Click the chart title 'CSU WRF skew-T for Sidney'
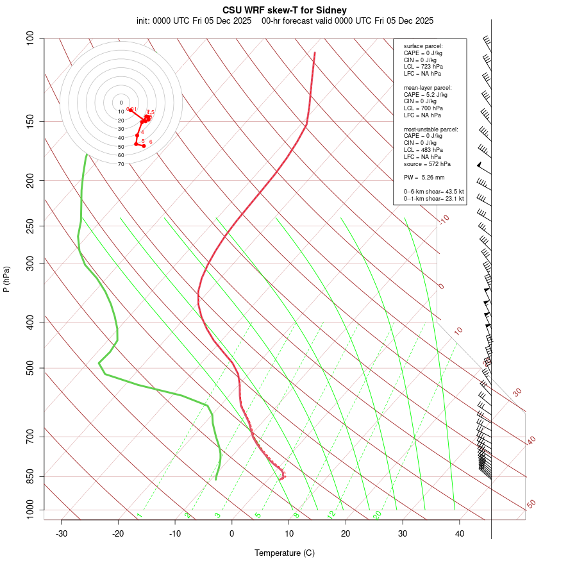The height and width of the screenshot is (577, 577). tap(285, 10)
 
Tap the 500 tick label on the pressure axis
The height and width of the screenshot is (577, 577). tap(31, 368)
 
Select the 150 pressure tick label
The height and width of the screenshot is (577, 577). tap(31, 121)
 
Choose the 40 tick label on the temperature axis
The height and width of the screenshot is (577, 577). tap(460, 533)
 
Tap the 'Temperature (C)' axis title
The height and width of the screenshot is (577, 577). tap(285, 553)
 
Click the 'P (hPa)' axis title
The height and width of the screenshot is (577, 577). tap(6, 280)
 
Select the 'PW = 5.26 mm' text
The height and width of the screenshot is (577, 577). tap(424, 178)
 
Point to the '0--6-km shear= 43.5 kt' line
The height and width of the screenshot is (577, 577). tap(433, 192)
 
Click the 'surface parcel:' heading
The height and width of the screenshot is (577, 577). tap(423, 46)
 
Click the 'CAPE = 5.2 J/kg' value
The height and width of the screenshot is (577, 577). tap(426, 94)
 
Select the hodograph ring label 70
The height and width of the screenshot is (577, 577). tap(121, 164)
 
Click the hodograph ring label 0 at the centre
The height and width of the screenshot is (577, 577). tap(121, 103)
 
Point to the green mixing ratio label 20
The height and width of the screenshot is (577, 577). tap(377, 514)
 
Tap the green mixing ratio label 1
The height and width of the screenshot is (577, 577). tap(139, 515)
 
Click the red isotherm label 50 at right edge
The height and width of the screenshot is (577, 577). tap(531, 505)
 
